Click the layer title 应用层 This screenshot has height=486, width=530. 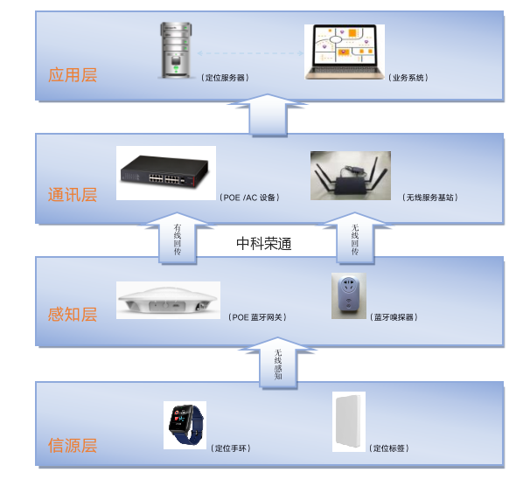pyautogui.click(x=73, y=74)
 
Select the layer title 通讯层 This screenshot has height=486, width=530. pyautogui.click(x=73, y=194)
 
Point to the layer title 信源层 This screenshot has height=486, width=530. pyautogui.click(x=73, y=446)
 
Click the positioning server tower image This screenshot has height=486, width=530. pyautogui.click(x=176, y=52)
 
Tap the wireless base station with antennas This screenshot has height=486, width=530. pyautogui.click(x=350, y=177)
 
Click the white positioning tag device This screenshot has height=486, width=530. pyautogui.click(x=348, y=422)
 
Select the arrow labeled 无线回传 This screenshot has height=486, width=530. pyautogui.click(x=355, y=239)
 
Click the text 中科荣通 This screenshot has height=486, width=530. pyautogui.click(x=264, y=244)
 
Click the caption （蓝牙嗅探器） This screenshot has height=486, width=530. pyautogui.click(x=394, y=316)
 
